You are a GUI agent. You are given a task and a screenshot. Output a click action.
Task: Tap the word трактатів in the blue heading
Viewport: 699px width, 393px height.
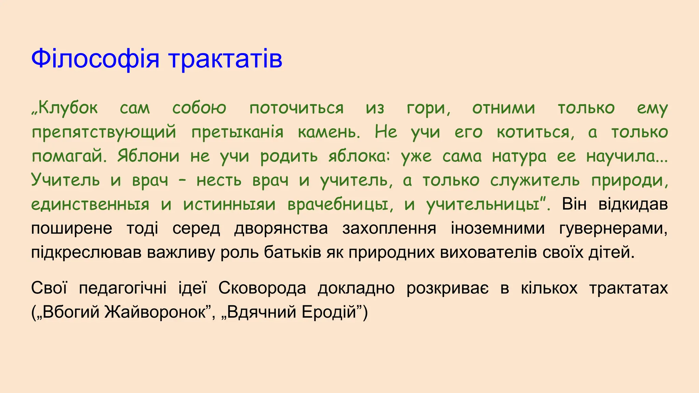225,59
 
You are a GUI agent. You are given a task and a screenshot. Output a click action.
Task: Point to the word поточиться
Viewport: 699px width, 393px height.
296,108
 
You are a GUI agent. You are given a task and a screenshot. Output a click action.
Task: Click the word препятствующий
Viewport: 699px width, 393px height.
104,132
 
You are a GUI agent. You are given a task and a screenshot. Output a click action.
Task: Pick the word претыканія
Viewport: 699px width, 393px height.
237,132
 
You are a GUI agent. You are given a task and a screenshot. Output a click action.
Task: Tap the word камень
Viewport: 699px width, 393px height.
329,132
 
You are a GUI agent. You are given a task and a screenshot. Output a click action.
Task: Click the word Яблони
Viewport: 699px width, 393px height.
148,156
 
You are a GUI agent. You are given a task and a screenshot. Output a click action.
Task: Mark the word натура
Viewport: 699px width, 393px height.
519,156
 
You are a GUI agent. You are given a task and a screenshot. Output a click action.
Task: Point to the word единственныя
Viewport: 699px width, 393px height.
90,204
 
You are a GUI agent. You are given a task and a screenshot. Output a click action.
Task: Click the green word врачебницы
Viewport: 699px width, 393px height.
338,204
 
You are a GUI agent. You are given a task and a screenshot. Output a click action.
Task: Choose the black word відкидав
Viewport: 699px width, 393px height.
633,204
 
